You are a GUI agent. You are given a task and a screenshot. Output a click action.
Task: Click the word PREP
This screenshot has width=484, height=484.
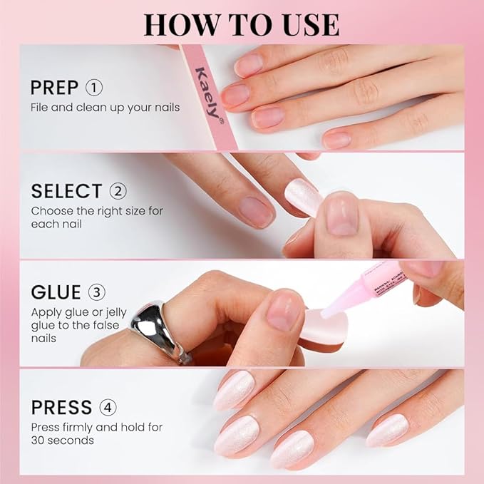click(x=55, y=88)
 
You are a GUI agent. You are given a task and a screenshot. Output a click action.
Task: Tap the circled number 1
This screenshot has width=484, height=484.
click(x=94, y=88)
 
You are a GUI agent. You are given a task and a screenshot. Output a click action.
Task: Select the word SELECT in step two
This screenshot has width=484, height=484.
click(x=66, y=191)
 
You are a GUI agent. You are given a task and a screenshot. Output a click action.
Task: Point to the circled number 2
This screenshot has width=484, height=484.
click(x=118, y=191)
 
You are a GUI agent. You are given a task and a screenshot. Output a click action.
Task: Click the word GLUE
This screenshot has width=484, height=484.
click(x=55, y=293)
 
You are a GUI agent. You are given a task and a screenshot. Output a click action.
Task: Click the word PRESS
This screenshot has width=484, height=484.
click(x=62, y=408)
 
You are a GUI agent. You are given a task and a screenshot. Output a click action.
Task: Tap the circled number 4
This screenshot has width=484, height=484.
click(x=108, y=408)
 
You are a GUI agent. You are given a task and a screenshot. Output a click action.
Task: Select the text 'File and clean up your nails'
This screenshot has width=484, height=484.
click(x=105, y=108)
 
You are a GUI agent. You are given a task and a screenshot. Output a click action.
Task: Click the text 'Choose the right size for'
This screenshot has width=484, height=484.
click(x=97, y=211)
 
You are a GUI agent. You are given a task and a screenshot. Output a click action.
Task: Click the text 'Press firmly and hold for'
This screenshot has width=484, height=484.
click(x=96, y=427)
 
